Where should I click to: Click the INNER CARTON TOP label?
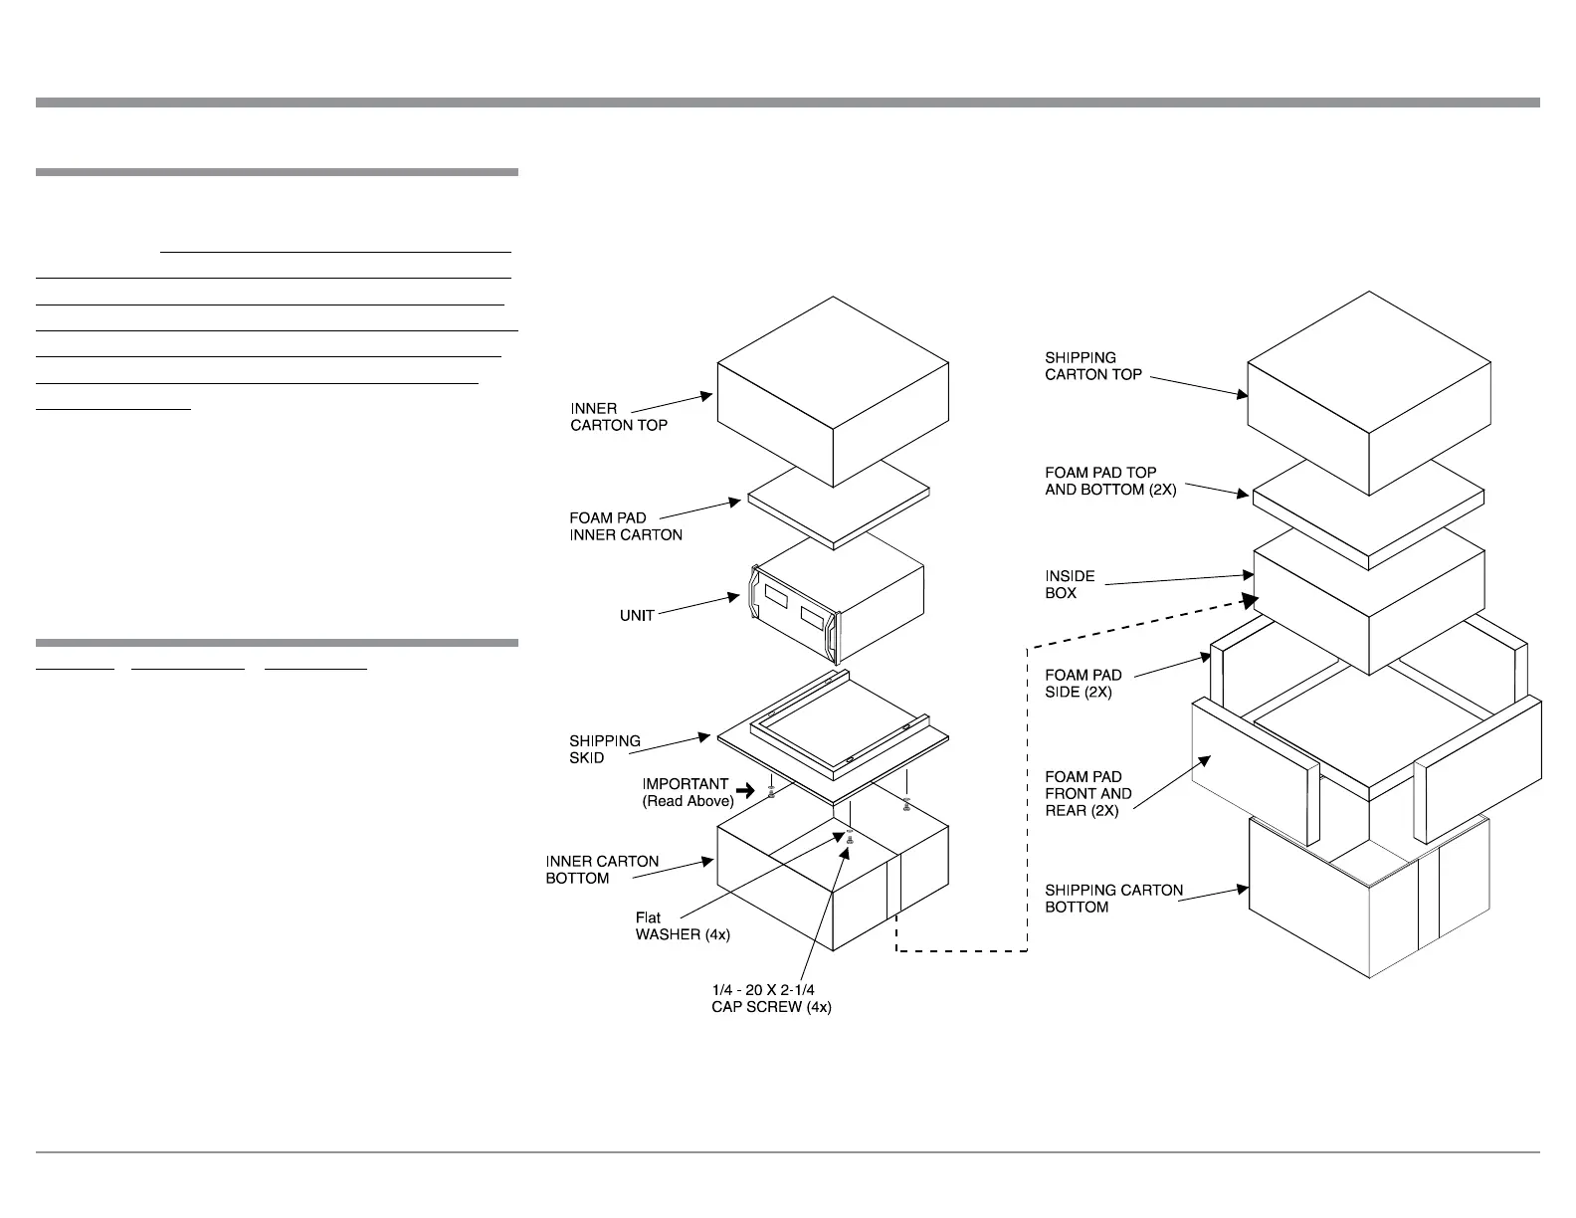pyautogui.click(x=618, y=417)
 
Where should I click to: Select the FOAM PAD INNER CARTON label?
pyautogui.click(x=626, y=526)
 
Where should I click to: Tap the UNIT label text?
pyautogui.click(x=637, y=616)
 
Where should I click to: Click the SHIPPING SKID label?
pyautogui.click(x=605, y=749)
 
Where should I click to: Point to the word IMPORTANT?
pyautogui.click(x=685, y=784)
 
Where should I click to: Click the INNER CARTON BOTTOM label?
pyautogui.click(x=602, y=870)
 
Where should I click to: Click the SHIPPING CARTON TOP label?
pyautogui.click(x=1092, y=366)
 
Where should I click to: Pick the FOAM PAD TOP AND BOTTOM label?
pyautogui.click(x=1109, y=482)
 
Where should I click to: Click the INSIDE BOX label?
pyautogui.click(x=1070, y=584)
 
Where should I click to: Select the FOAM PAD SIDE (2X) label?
pyautogui.click(x=1083, y=684)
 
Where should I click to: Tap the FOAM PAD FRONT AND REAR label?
pyautogui.click(x=1087, y=793)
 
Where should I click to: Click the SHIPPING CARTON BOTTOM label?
pyautogui.click(x=1113, y=899)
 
